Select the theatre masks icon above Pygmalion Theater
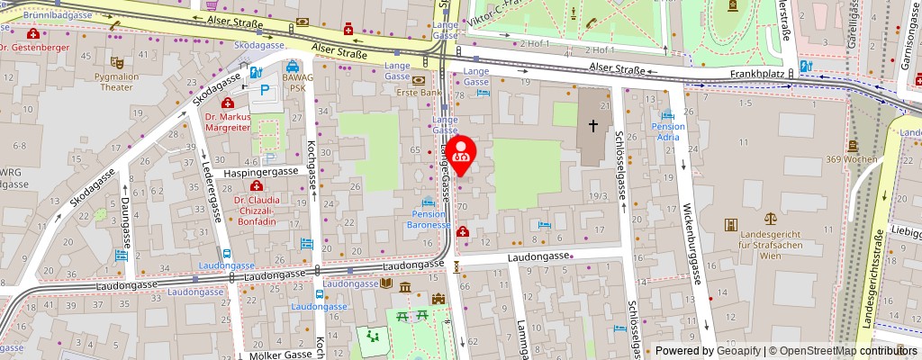tap(116, 63)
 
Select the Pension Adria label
tap(668, 132)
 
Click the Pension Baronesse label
tap(429, 220)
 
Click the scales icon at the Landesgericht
tap(770, 218)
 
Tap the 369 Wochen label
tap(852, 159)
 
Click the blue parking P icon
tap(266, 90)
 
